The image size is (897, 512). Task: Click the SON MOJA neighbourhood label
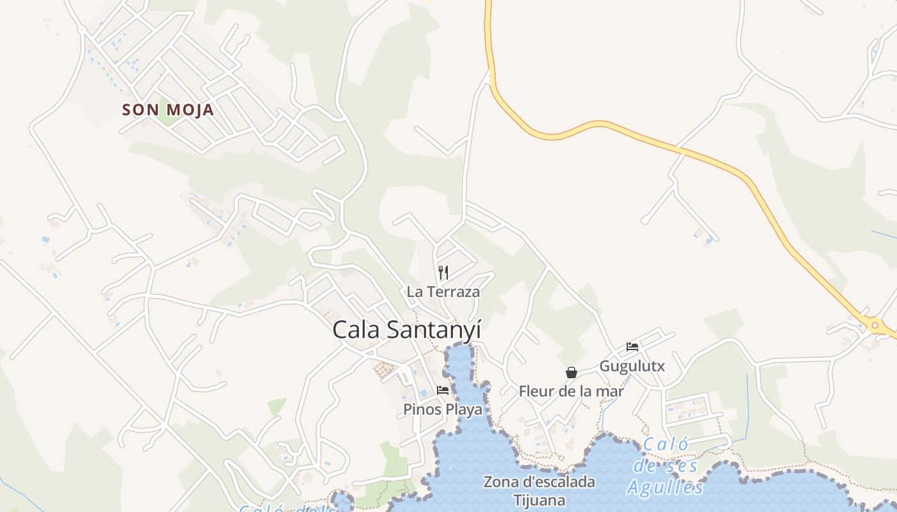(x=168, y=110)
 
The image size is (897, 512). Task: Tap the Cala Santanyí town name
(x=406, y=330)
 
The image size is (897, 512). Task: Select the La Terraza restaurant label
(x=443, y=292)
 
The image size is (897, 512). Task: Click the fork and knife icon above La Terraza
(x=443, y=273)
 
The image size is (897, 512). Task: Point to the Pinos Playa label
(x=443, y=410)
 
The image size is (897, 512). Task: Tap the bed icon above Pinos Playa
(x=443, y=390)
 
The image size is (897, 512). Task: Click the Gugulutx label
(x=632, y=367)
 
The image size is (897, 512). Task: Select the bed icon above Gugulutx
(x=632, y=348)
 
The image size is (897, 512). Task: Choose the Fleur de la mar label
(x=571, y=391)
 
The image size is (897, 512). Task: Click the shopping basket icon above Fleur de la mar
(x=571, y=372)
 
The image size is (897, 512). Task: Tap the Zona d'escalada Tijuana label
(x=539, y=491)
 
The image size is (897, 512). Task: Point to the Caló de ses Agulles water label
(x=666, y=466)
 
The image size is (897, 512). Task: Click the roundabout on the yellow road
(x=875, y=326)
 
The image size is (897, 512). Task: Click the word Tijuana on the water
(x=539, y=500)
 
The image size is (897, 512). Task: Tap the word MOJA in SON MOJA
(x=190, y=110)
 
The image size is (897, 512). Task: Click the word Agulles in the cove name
(x=666, y=488)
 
